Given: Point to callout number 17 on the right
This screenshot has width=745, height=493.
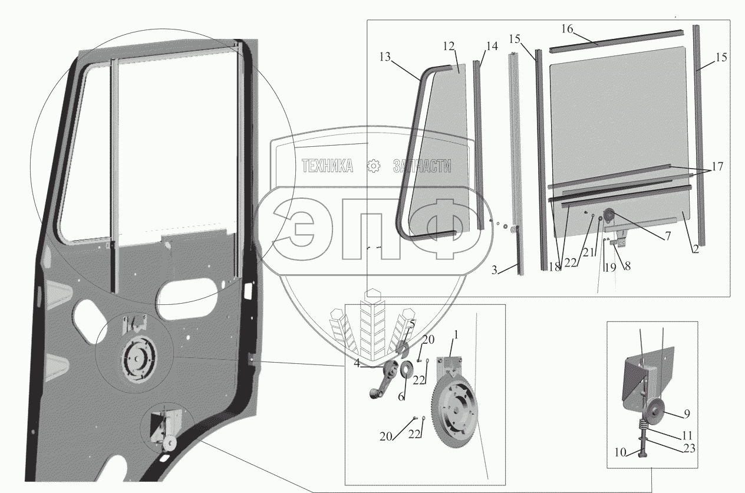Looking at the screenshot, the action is pyautogui.click(x=717, y=166).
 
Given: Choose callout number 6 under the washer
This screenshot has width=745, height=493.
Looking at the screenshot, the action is pyautogui.click(x=401, y=397).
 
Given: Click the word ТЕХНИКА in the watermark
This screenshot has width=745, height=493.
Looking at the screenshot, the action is pyautogui.click(x=327, y=166).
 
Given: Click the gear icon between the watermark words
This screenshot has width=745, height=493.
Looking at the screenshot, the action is pyautogui.click(x=374, y=166).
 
